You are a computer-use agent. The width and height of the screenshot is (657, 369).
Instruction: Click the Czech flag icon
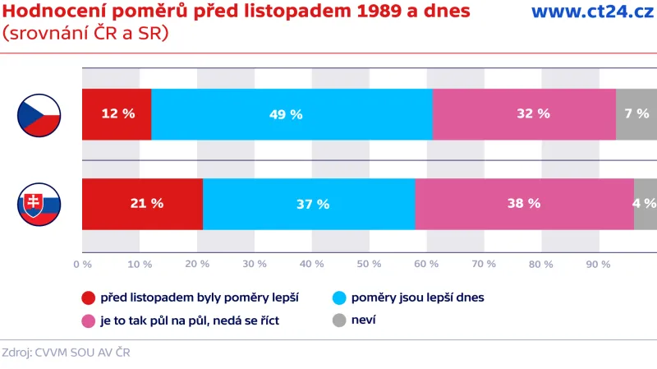[39, 114]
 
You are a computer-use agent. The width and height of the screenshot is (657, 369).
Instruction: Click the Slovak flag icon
[39, 203]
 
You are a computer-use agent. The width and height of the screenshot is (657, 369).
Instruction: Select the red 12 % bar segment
[117, 114]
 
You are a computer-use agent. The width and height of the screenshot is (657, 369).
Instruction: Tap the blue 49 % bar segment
[292, 114]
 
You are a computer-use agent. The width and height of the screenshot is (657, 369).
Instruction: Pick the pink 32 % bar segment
[524, 114]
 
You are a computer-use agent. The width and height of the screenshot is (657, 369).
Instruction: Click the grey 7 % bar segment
[636, 114]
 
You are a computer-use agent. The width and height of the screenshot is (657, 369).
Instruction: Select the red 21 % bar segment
[142, 203]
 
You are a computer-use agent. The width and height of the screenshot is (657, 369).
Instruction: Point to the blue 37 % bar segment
[309, 203]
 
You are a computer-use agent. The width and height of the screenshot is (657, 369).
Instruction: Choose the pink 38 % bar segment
[524, 203]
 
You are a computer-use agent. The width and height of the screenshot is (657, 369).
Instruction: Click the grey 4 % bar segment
[646, 203]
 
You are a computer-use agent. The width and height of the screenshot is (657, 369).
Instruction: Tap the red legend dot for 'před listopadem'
[89, 298]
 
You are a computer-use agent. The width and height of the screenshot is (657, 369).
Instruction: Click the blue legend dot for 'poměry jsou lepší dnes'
[339, 298]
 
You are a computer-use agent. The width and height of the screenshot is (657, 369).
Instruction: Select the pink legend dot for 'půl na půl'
[89, 321]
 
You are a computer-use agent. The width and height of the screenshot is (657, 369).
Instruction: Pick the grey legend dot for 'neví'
[339, 321]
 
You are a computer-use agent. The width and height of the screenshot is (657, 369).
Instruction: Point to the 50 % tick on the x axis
[369, 265]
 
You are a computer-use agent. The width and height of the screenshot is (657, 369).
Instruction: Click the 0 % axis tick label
[82, 265]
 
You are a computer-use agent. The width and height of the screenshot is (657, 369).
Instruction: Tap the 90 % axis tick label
[598, 265]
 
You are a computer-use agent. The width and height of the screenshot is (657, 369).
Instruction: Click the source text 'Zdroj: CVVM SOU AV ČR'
[66, 353]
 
